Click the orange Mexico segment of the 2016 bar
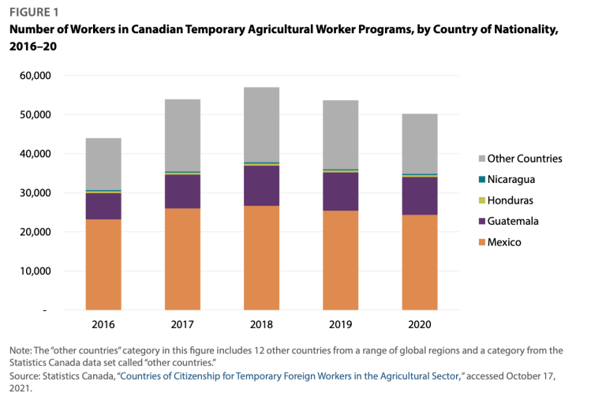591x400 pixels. [x=103, y=264]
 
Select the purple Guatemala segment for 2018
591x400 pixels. [x=256, y=185]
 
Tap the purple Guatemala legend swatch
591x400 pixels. [x=481, y=222]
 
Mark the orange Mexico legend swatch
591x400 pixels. [x=481, y=242]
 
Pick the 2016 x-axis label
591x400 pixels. [x=103, y=323]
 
